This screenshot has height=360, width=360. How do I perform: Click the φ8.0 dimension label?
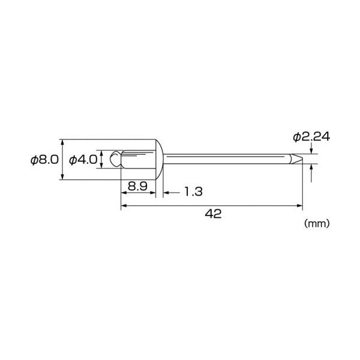45,160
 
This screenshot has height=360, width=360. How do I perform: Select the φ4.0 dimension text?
83,160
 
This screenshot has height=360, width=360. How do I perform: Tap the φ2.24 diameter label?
311,137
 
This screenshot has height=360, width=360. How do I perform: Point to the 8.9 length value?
137,186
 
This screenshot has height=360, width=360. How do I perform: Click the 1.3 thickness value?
194,192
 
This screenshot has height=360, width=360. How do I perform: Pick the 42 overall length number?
213,214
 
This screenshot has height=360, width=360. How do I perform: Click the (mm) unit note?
317,223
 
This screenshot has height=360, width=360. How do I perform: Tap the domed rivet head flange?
160,160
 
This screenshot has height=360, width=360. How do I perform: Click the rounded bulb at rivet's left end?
115,158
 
